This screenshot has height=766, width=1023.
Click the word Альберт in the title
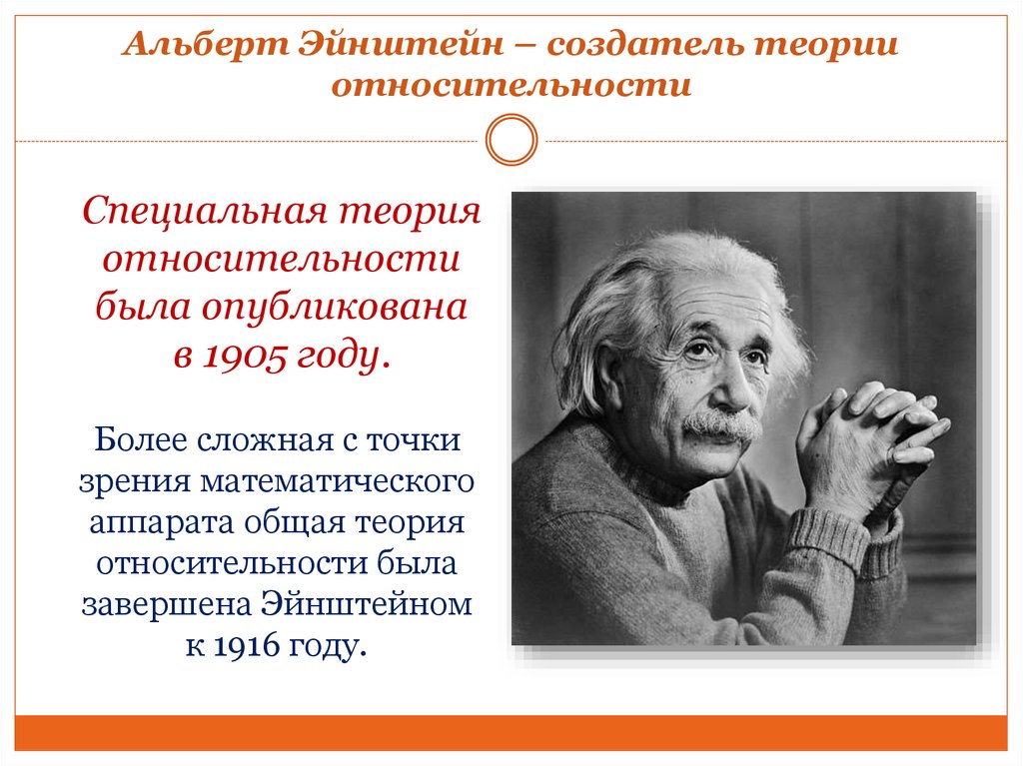(x=205, y=45)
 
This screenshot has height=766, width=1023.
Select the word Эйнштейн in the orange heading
(x=402, y=44)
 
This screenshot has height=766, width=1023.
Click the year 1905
(x=246, y=357)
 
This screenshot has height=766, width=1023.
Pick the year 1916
(x=247, y=646)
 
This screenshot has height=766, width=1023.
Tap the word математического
(x=337, y=481)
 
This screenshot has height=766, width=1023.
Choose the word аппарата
(x=161, y=522)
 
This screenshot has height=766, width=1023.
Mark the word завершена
(x=167, y=604)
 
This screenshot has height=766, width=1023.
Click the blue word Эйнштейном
(x=366, y=603)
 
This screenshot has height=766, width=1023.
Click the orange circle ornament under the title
(x=511, y=140)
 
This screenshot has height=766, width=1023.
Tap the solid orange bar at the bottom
(x=511, y=733)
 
